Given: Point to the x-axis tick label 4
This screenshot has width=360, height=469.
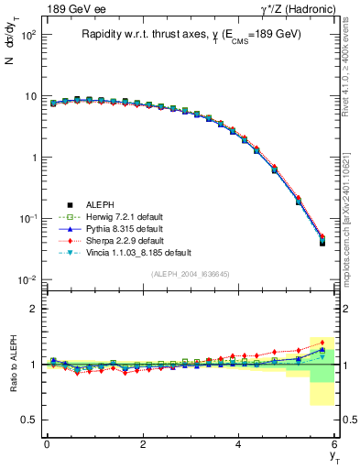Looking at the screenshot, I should coord(238,443).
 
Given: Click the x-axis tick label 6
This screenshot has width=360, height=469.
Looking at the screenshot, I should coord(334,443).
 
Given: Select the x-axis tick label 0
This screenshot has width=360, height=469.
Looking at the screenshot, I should coord(47,443).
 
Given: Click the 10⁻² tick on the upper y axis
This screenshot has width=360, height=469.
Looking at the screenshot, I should coord(27,279).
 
